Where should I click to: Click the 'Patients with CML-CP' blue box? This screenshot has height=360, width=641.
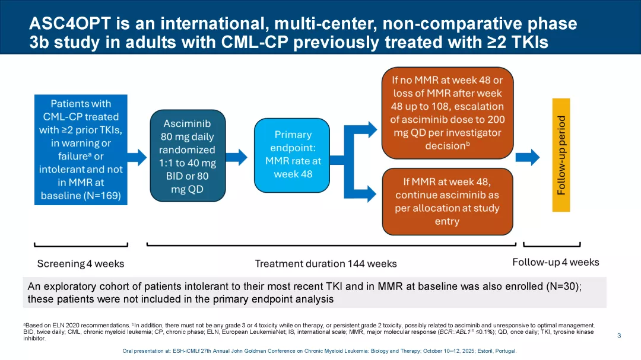81,150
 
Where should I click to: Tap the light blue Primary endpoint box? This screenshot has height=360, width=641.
292,155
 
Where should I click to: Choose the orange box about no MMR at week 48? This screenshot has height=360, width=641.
447,113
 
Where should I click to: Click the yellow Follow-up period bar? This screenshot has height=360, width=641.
561,154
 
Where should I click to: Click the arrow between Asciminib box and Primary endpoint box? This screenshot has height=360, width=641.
237,157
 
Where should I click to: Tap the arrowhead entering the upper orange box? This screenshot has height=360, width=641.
372,128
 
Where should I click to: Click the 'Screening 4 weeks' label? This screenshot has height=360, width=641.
81,263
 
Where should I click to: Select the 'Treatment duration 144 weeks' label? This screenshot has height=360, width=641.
326,263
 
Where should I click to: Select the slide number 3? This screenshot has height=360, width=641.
619,336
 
